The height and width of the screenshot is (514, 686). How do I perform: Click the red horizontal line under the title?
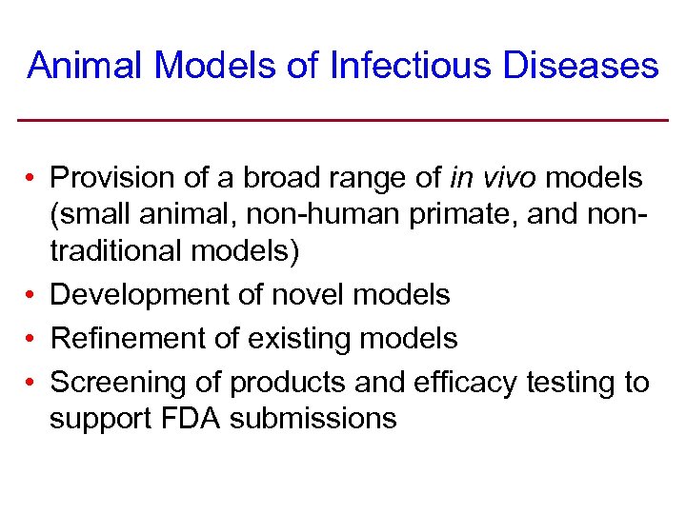[x=343, y=119]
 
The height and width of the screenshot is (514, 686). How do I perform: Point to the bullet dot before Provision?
[x=31, y=178]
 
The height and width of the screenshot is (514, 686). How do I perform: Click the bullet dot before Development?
[x=31, y=295]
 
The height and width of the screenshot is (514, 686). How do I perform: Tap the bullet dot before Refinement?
[x=31, y=338]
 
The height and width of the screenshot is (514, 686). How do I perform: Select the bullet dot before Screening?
[x=31, y=383]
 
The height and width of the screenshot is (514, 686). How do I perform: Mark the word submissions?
[x=313, y=419]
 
